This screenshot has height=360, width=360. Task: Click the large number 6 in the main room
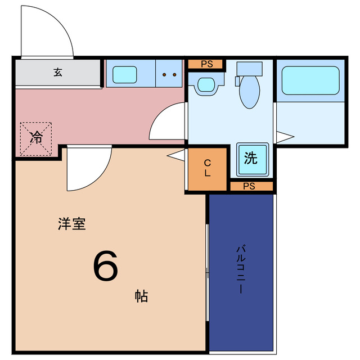(105, 265)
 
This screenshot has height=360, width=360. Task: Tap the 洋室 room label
(71, 223)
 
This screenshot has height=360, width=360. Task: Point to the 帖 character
(141, 296)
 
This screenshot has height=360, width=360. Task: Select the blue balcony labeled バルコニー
(241, 270)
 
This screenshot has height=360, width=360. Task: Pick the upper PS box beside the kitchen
(206, 64)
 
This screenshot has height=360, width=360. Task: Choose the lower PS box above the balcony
(251, 186)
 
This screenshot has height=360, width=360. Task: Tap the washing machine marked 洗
(251, 158)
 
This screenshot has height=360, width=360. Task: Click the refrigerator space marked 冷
(37, 137)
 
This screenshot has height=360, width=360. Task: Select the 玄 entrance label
(58, 72)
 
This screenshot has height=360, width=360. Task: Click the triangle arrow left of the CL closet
(177, 155)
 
